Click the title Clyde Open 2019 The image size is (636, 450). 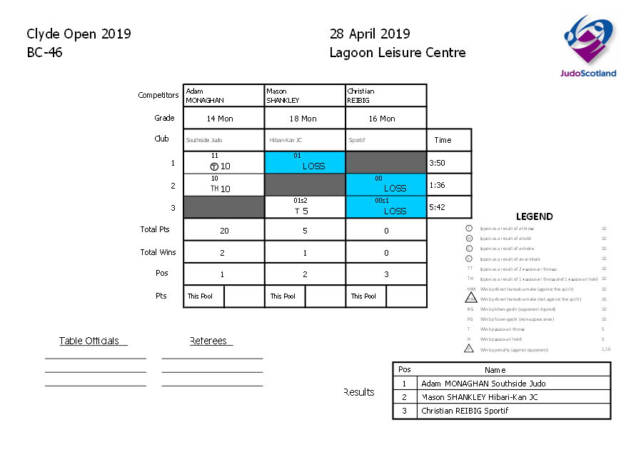click(x=79, y=34)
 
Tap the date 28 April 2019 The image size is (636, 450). click(x=370, y=34)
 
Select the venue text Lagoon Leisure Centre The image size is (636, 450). click(x=398, y=52)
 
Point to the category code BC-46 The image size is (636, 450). click(x=44, y=52)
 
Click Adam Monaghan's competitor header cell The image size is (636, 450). click(x=223, y=96)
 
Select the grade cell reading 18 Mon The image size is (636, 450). click(x=304, y=119)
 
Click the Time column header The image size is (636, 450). click(x=443, y=140)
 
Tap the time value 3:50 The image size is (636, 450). click(x=437, y=163)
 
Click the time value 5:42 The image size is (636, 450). click(x=437, y=207)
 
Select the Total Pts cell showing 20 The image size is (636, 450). click(x=223, y=231)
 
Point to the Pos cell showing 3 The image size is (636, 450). click(x=385, y=274)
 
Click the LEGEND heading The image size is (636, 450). click(x=534, y=216)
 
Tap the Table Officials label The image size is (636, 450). click(x=92, y=341)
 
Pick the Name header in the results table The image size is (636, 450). click(x=495, y=370)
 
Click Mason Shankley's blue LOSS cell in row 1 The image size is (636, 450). click(x=304, y=162)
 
